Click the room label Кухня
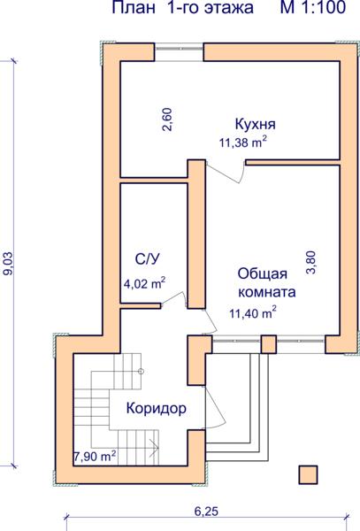255,124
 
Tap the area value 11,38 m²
243,142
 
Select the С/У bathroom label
147,259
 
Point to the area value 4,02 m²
144,283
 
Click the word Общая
262,273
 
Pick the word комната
267,292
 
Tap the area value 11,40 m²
253,313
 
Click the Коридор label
157,409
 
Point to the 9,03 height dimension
7,263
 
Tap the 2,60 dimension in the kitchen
167,119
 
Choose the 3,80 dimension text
310,262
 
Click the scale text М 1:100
312,7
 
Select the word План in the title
133,7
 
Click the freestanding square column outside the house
308,474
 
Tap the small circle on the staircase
142,372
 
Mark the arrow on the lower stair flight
154,448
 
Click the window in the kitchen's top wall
179,52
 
